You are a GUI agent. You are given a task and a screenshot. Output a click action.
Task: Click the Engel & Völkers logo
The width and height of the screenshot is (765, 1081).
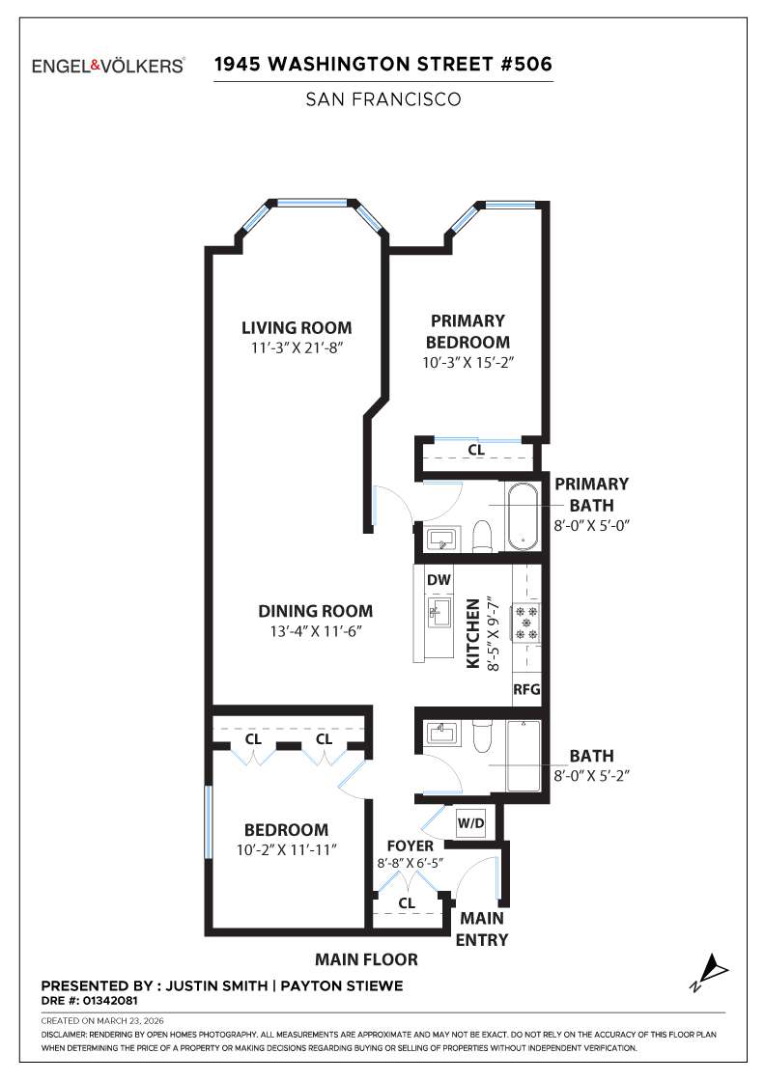tap(108, 66)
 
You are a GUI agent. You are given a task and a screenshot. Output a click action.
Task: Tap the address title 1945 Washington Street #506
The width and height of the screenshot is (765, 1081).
tap(382, 65)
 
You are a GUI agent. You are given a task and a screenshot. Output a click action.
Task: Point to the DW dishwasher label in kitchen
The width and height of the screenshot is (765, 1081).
tap(439, 580)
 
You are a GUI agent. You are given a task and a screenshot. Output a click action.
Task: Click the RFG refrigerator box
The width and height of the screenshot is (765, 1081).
tap(526, 690)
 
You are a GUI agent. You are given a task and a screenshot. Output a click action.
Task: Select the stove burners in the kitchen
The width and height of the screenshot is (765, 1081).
tap(527, 623)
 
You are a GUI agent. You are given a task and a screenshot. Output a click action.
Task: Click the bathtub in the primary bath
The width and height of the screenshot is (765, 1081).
tap(523, 516)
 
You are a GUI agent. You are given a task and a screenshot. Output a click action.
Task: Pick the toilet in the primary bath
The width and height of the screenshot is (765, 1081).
tap(484, 535)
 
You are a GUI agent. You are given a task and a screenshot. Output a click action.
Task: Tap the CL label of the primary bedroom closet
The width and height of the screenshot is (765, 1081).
tap(475, 450)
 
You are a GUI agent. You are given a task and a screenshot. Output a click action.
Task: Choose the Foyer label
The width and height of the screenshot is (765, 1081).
tap(410, 846)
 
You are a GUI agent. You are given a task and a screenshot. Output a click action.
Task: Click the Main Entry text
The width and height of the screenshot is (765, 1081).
tap(481, 929)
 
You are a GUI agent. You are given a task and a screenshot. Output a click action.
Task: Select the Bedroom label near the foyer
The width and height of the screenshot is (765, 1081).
tap(286, 829)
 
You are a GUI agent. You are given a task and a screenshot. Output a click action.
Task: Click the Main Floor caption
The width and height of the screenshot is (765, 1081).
tap(366, 959)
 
